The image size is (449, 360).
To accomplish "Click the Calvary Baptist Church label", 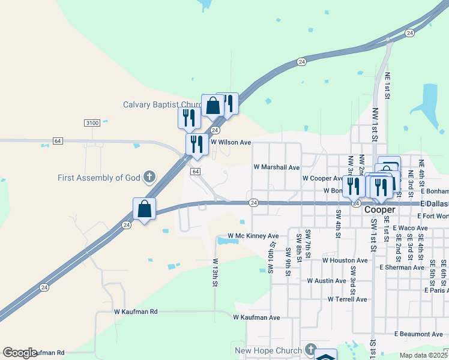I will [161, 104].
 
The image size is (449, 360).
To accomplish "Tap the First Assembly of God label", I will [99, 178].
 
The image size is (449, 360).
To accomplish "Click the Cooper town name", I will [379, 209].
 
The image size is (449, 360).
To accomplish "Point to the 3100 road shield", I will [92, 122].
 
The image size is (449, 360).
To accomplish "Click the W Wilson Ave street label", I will [231, 142].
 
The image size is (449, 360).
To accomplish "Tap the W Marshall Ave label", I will [276, 167].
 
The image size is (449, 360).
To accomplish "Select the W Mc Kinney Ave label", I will [253, 236].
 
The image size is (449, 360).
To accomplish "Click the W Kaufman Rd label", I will [136, 312].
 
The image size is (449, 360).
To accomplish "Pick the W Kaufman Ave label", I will [257, 317].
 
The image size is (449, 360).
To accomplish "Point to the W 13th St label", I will [214, 273].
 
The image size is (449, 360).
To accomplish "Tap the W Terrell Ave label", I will [348, 299].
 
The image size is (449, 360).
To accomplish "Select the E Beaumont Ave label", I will [418, 334].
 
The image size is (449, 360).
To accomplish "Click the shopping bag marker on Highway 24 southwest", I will [144, 209].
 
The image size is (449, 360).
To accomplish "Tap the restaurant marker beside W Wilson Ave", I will [196, 145].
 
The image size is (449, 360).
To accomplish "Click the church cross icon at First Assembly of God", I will [149, 178].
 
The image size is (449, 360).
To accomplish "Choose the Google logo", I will [20, 353].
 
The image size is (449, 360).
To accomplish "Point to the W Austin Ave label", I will [327, 280].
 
